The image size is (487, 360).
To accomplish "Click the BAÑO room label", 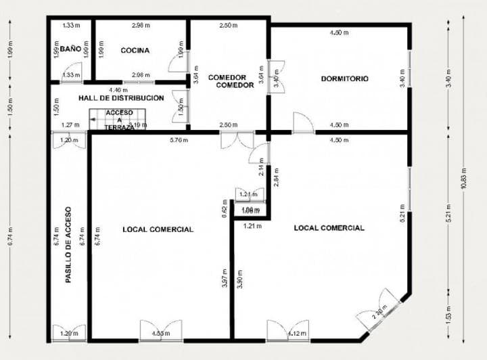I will [x=70, y=49].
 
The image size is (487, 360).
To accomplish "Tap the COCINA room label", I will [x=135, y=50].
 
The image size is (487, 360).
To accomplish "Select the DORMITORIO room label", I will [x=345, y=78].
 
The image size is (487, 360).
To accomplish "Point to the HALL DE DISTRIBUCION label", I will [x=121, y=98].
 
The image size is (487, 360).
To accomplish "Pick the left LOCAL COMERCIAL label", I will [x=158, y=229].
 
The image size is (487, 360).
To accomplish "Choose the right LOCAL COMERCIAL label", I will [x=329, y=227].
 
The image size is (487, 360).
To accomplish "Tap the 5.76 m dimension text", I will [x=179, y=140].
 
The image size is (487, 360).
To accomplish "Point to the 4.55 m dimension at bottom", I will [x=161, y=333].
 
